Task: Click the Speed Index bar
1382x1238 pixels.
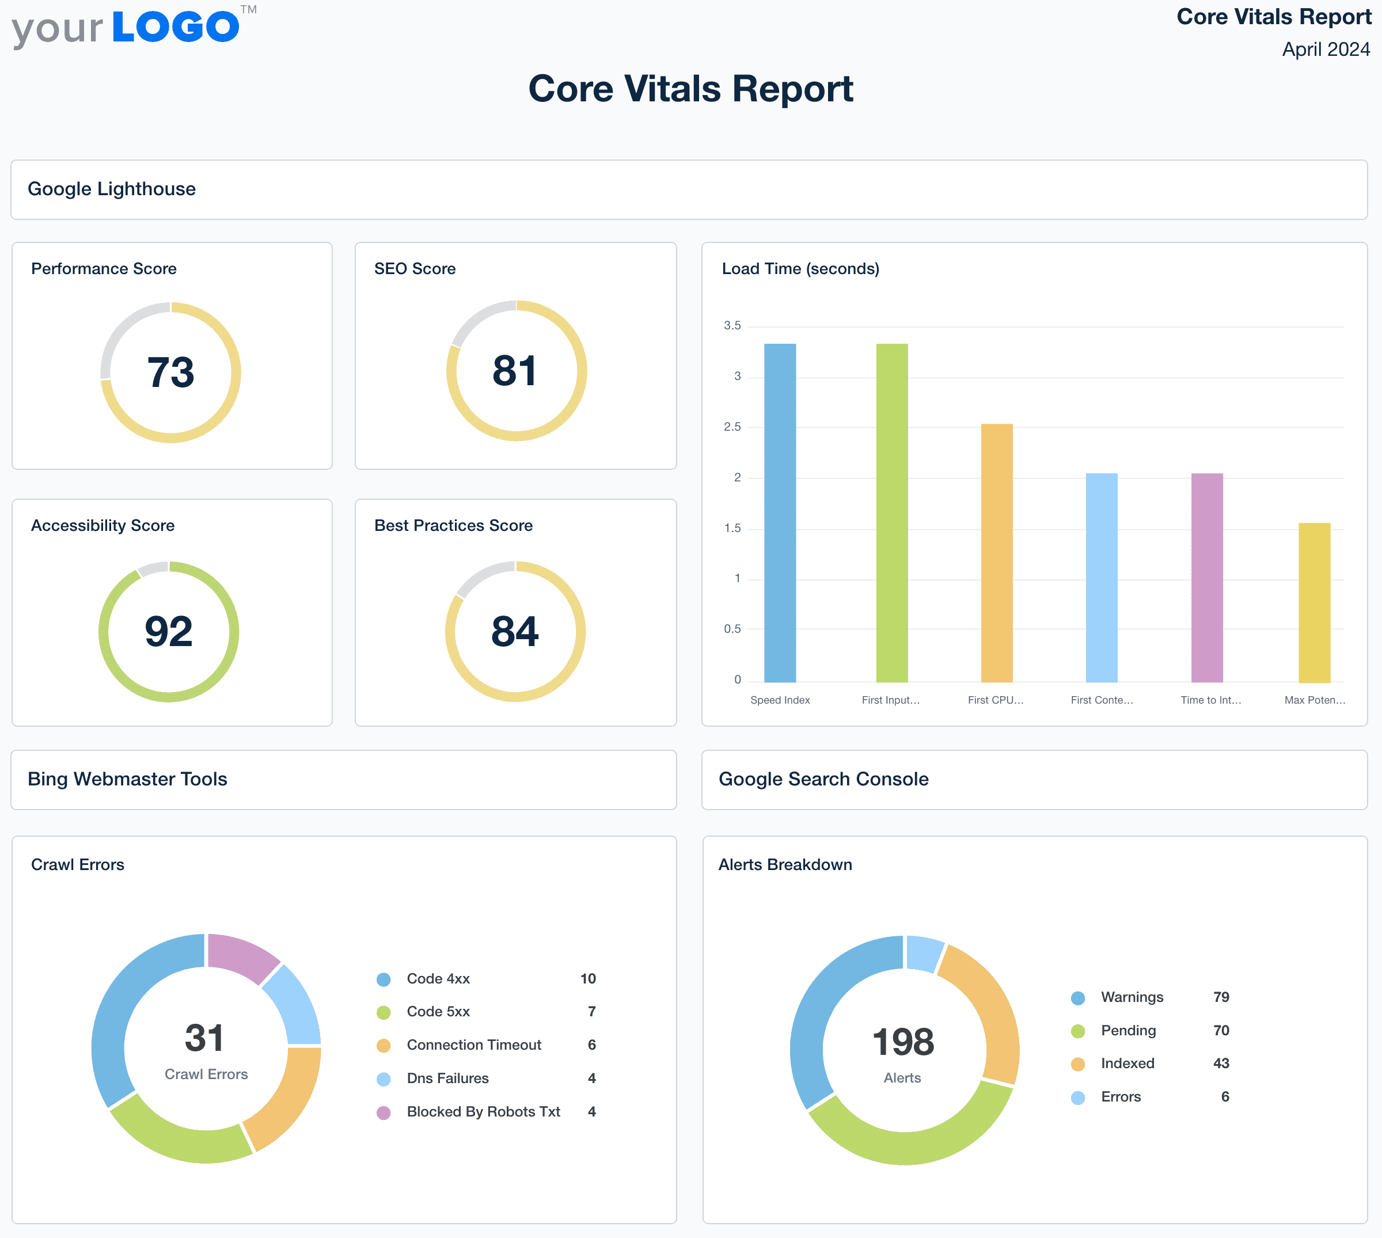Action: click(x=780, y=513)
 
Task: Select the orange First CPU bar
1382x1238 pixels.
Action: click(x=996, y=553)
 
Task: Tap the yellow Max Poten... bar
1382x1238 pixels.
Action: click(x=1314, y=603)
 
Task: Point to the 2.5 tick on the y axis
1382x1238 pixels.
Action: click(x=732, y=427)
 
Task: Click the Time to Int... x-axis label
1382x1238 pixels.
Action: click(x=1210, y=700)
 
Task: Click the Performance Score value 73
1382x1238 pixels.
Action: click(x=170, y=373)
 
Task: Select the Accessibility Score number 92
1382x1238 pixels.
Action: click(x=169, y=631)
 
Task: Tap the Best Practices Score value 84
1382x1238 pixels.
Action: click(x=515, y=631)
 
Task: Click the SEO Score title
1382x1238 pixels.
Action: click(x=415, y=269)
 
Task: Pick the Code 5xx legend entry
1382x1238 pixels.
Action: click(x=438, y=1012)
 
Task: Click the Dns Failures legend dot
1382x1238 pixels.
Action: click(x=384, y=1079)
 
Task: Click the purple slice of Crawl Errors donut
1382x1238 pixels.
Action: click(x=241, y=956)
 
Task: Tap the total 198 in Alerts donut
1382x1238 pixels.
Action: click(x=903, y=1042)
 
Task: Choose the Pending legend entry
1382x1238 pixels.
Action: click(x=1127, y=1031)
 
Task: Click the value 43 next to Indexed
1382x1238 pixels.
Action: click(x=1221, y=1063)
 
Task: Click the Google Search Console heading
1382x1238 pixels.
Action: click(x=823, y=779)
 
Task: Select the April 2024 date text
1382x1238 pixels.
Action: click(x=1326, y=50)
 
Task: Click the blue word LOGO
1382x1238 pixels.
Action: click(x=176, y=27)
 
